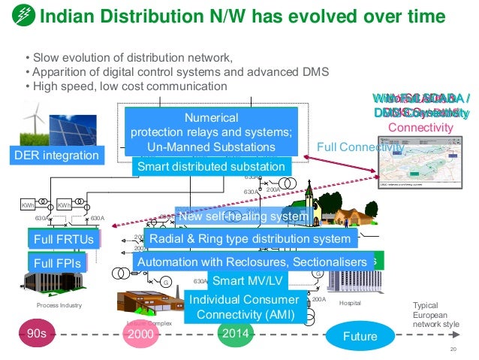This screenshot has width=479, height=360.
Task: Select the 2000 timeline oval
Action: (140, 336)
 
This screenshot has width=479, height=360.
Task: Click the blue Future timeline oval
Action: (359, 336)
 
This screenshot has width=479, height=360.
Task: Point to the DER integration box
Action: (57, 156)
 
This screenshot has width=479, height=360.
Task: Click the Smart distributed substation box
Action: (211, 167)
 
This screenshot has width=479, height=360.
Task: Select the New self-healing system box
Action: (243, 217)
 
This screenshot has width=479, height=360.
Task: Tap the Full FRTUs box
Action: (59, 240)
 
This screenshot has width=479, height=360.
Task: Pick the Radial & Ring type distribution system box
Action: (250, 239)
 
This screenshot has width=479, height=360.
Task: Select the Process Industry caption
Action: (59, 307)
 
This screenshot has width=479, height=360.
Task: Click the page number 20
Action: (453, 350)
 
